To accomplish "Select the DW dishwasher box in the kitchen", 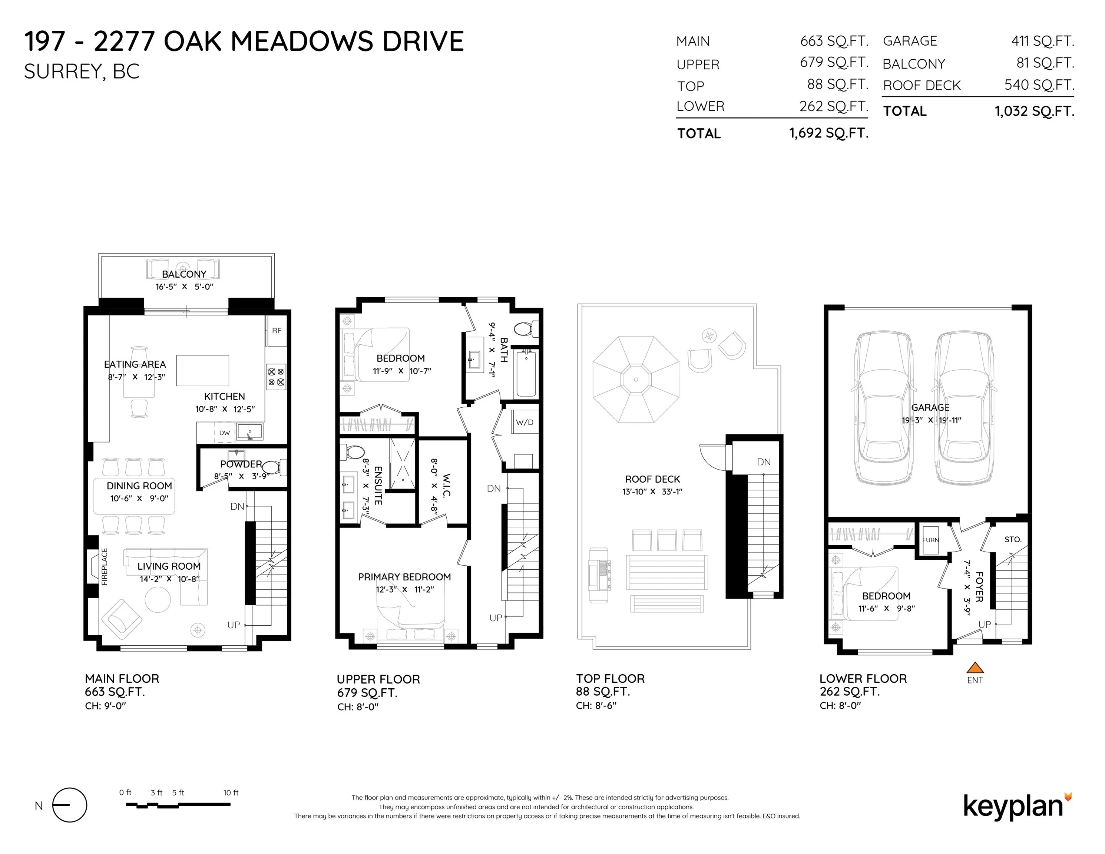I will (224, 433).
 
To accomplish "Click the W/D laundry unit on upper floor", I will (524, 423).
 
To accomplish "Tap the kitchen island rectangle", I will (202, 370).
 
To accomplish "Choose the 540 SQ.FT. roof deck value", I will (1039, 85).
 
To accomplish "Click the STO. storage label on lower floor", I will (1012, 540).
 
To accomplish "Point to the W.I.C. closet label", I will (446, 486).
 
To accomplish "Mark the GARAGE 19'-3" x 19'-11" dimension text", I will (931, 420).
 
